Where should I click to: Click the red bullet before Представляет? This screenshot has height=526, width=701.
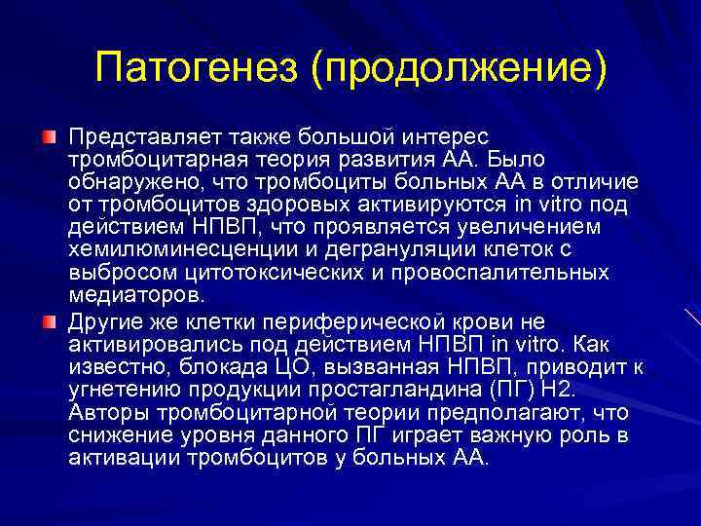(x=48, y=132)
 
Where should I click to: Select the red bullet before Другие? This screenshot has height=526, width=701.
(x=48, y=319)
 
